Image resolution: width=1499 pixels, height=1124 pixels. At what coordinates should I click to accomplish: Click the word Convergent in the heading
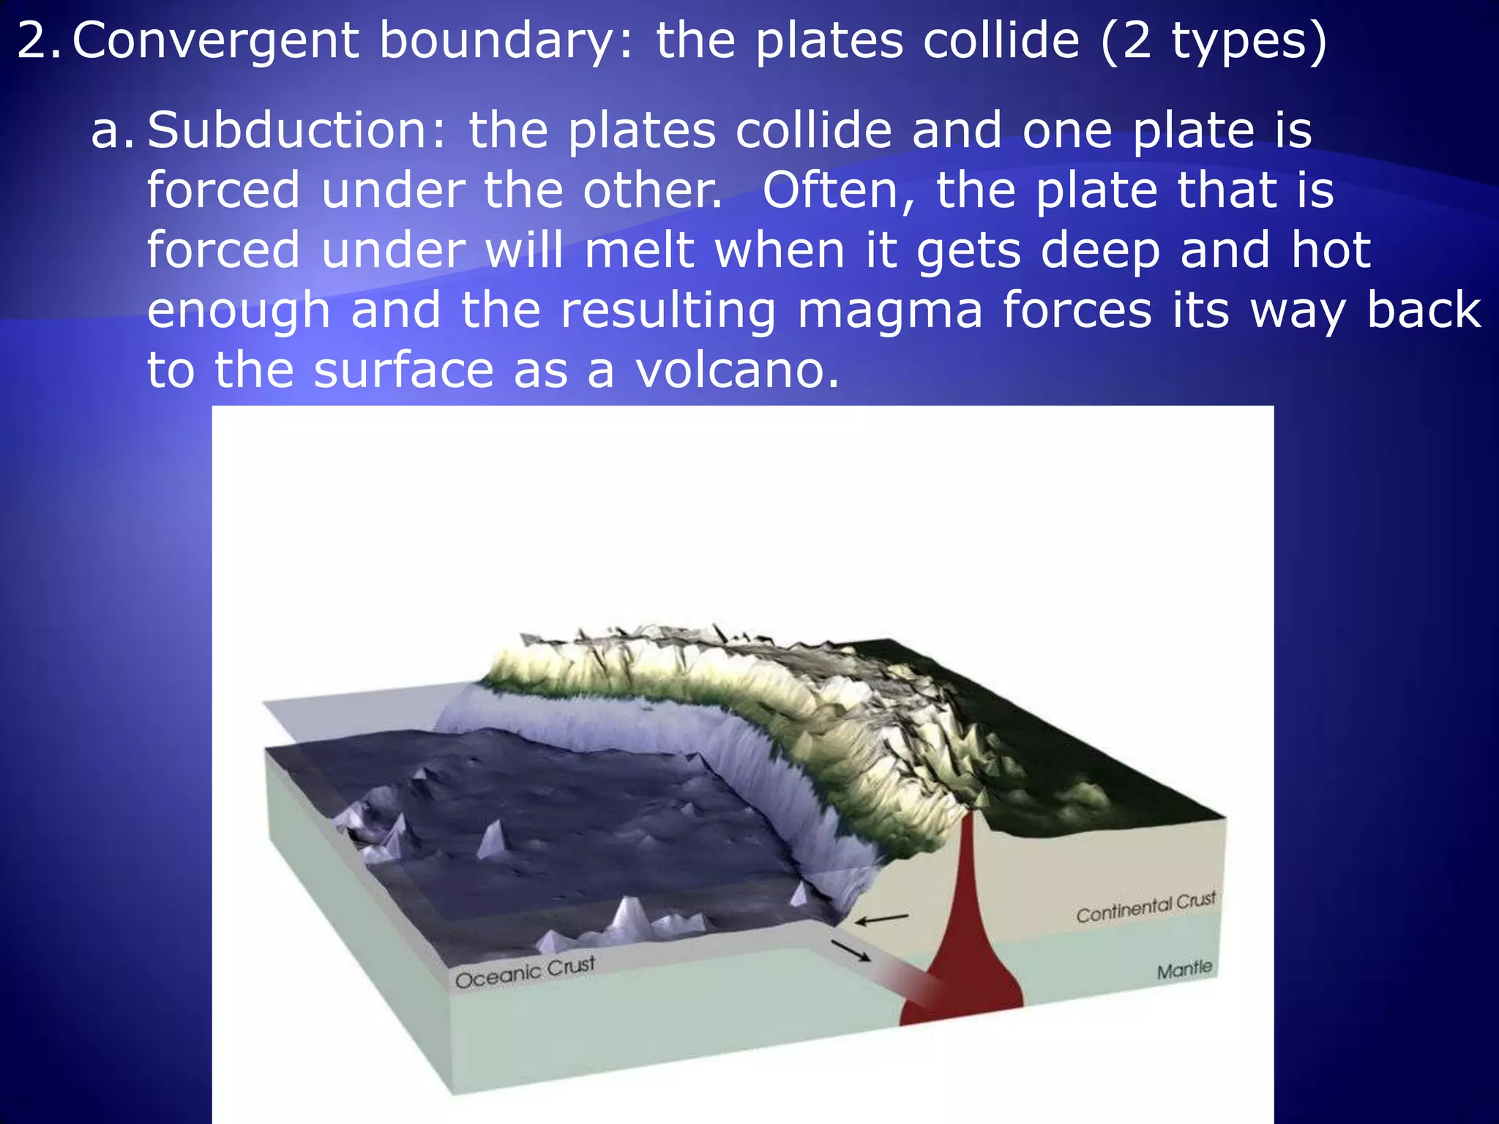[215, 41]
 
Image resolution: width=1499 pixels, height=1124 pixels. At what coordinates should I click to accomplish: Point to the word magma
[890, 310]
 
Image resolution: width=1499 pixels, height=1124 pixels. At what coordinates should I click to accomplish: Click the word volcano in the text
[736, 370]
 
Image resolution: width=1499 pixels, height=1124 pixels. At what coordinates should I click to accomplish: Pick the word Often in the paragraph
[840, 190]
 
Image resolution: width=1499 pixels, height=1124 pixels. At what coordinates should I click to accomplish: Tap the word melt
[639, 250]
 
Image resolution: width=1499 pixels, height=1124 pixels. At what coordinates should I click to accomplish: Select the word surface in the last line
[403, 370]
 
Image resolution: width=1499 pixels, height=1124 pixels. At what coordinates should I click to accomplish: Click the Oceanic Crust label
[525, 972]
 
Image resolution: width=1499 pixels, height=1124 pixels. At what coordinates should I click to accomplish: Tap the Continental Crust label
[1145, 907]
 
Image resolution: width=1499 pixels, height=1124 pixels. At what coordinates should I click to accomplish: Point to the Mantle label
[1184, 970]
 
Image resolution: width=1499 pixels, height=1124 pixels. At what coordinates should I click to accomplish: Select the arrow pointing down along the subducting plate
[851, 951]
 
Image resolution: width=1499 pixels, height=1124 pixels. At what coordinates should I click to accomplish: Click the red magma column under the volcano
[966, 929]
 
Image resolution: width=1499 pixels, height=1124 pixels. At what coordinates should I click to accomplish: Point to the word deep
[1101, 250]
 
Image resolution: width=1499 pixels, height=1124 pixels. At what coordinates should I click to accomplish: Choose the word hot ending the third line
[1331, 250]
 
